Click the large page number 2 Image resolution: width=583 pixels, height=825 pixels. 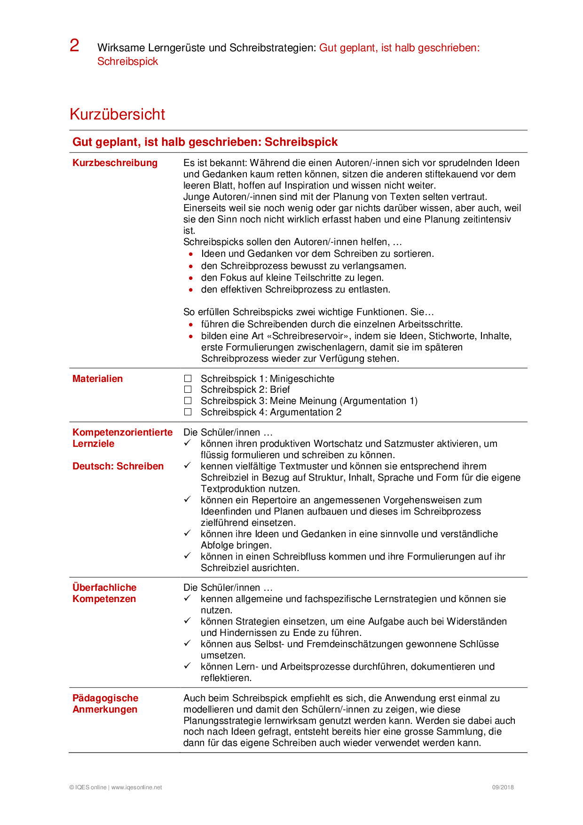point(74,46)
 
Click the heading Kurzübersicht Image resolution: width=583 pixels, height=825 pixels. point(117,114)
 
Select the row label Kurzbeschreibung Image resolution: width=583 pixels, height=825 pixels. point(115,163)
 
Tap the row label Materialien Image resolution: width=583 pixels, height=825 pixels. point(97,379)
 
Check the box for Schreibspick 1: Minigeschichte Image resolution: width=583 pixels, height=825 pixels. point(188,378)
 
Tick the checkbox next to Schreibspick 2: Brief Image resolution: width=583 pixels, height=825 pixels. point(188,389)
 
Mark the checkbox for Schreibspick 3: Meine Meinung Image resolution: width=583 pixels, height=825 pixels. point(188,401)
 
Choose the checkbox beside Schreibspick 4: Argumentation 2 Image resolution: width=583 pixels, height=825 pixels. point(188,412)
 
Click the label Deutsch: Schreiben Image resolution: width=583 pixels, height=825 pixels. point(118,466)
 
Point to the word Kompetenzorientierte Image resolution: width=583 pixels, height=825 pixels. point(122,432)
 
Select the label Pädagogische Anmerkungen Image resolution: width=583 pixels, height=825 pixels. point(105,704)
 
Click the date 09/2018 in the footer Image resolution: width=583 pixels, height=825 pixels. point(503,787)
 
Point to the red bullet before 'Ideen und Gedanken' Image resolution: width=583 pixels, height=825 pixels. point(191,254)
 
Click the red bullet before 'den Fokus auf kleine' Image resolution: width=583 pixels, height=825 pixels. point(191,278)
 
